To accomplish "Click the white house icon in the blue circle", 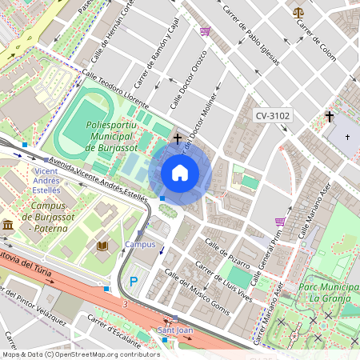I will tap(180, 173).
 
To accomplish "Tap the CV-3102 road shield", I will tap(273, 116).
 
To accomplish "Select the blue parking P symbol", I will tap(134, 282).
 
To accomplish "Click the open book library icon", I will tap(102, 246).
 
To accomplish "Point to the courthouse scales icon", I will tap(298, 13).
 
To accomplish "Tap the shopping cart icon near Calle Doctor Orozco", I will tap(206, 31).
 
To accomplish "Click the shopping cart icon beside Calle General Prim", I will tap(280, 222).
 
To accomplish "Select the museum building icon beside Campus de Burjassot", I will tap(8, 226).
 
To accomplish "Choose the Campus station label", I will tap(140, 244).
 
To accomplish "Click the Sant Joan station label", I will tap(174, 330).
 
